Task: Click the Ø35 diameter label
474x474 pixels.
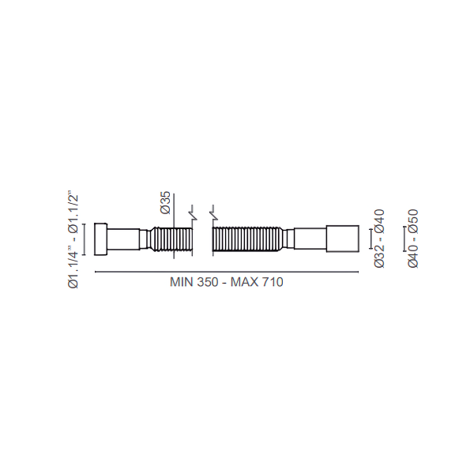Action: pyautogui.click(x=166, y=203)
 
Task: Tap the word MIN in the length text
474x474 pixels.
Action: pyautogui.click(x=181, y=282)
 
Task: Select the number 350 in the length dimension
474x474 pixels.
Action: pyautogui.click(x=208, y=282)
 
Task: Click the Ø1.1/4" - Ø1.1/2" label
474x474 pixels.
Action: pyautogui.click(x=73, y=239)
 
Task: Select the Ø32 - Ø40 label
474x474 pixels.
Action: pyautogui.click(x=379, y=239)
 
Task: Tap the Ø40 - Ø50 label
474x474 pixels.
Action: pyautogui.click(x=413, y=239)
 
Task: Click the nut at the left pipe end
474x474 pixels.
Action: pyautogui.click(x=100, y=239)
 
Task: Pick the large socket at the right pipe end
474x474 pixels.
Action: pyautogui.click(x=343, y=239)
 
